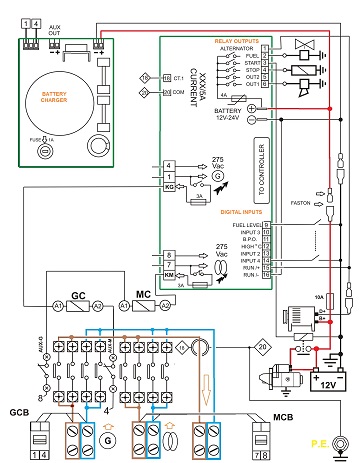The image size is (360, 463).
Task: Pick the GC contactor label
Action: click(78, 297)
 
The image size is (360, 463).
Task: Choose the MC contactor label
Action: click(143, 297)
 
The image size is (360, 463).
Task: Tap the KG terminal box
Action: click(170, 186)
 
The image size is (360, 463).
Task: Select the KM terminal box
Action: click(170, 273)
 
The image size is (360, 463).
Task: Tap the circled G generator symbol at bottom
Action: click(107, 436)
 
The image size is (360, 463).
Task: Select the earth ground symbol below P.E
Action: click(346, 441)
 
